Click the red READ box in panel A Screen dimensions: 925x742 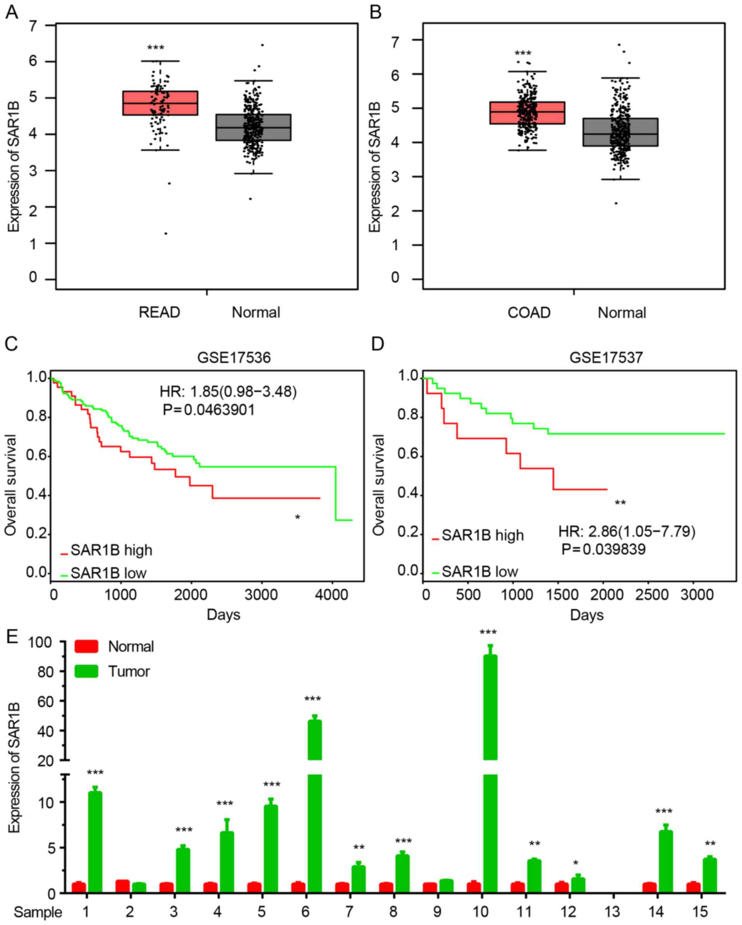tap(160, 103)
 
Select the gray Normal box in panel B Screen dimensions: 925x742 tap(620, 132)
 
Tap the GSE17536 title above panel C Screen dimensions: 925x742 tap(234, 357)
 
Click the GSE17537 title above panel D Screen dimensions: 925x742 tap(606, 357)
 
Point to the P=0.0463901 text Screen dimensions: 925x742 tap(209, 410)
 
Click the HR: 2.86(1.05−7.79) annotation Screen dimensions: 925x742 tap(626, 532)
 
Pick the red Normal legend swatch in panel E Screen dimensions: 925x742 tap(86, 646)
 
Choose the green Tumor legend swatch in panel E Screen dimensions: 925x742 tap(86, 671)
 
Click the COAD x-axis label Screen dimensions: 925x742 tap(529, 312)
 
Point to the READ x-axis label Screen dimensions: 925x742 tap(159, 312)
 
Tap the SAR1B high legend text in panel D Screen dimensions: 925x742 tap(483, 535)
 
